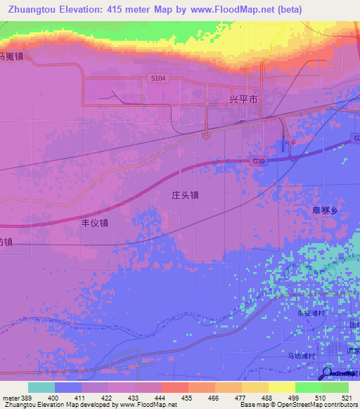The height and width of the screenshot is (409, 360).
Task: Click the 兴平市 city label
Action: coord(244,100)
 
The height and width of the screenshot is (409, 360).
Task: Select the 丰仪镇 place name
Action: coord(95,223)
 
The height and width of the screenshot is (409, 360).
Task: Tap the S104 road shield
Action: coord(157,79)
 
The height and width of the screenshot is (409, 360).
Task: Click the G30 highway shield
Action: coord(259,162)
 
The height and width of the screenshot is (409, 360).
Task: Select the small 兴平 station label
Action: coord(285,143)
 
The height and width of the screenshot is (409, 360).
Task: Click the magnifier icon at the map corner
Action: coord(328,373)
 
